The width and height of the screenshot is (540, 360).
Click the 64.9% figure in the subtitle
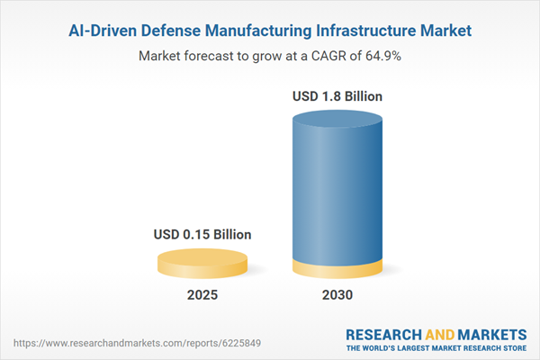click(x=382, y=56)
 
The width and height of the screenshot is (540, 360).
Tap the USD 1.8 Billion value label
click(x=339, y=95)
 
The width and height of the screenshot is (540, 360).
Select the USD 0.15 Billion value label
click(x=202, y=235)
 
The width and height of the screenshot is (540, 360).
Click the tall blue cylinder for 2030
click(x=339, y=189)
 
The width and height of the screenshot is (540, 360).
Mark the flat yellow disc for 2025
click(x=202, y=264)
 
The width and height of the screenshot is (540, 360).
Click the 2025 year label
click(x=202, y=295)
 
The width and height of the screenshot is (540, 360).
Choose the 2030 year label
click(x=339, y=295)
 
